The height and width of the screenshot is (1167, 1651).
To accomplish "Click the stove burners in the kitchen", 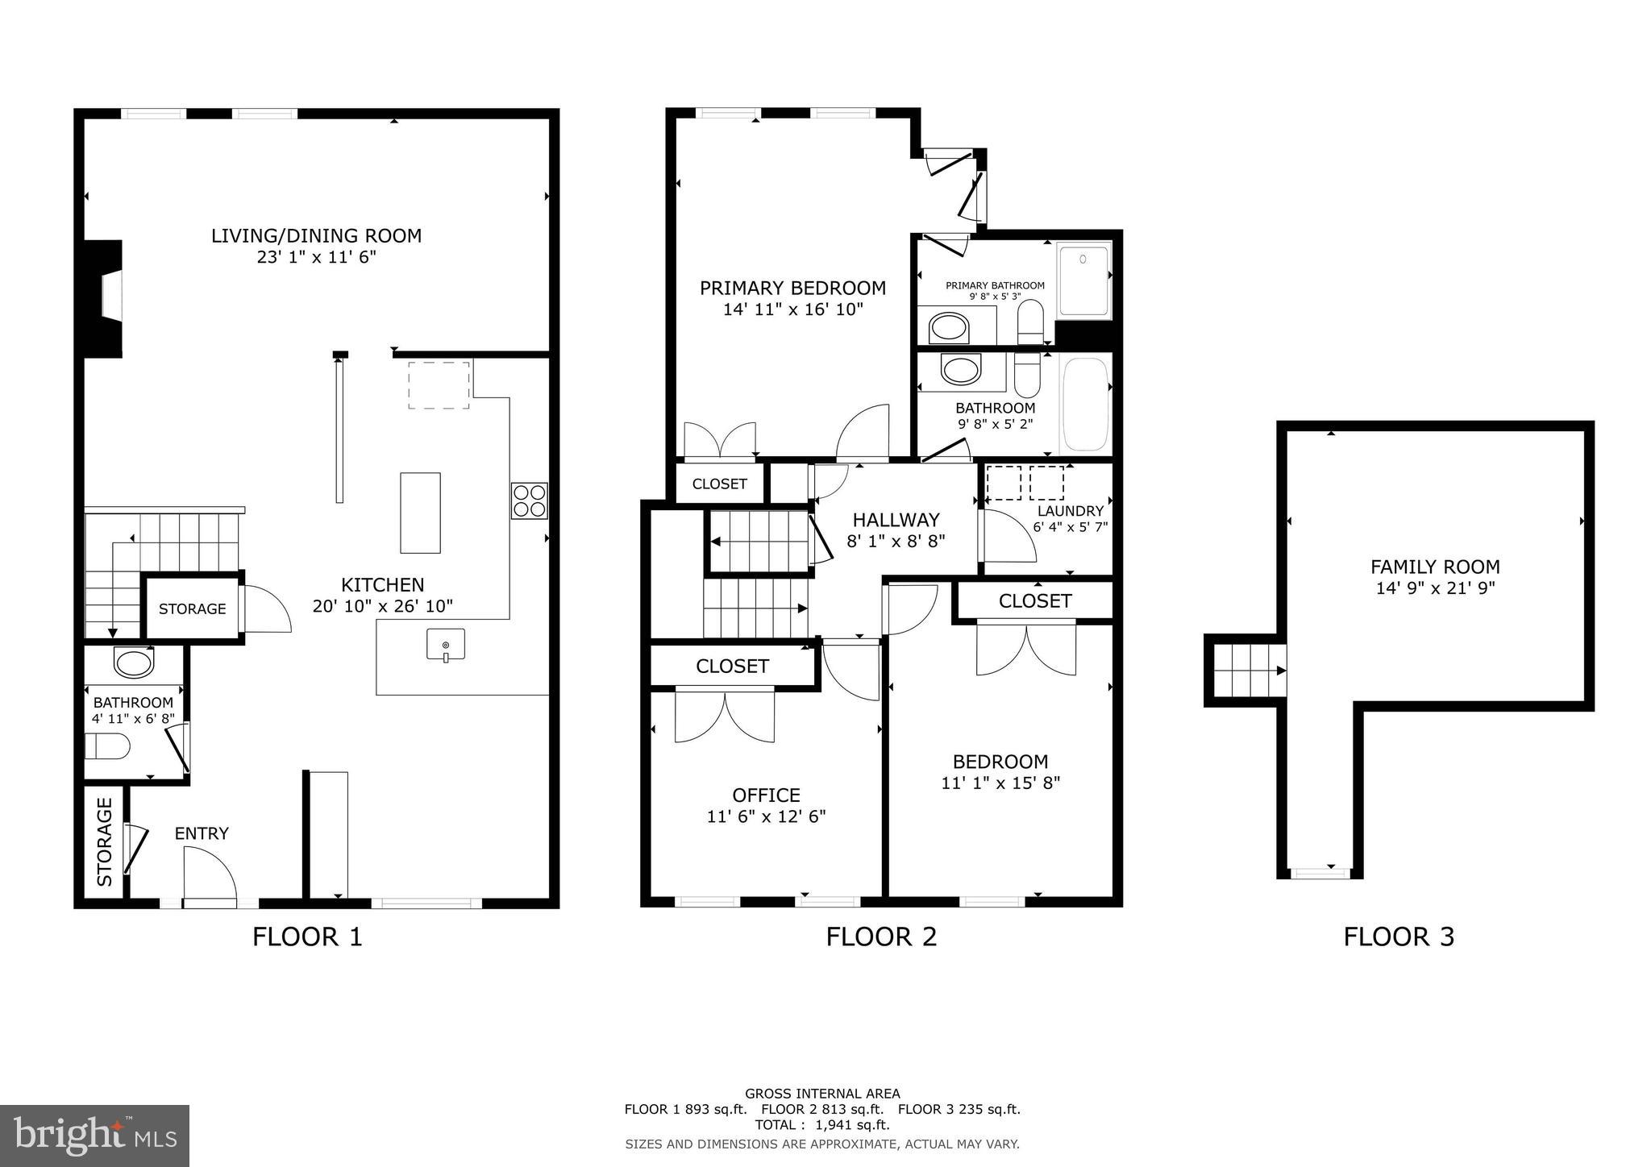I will point(529,500).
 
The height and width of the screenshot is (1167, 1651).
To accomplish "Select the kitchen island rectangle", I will point(420,513).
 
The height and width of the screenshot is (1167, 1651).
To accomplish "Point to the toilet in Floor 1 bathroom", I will point(107,745).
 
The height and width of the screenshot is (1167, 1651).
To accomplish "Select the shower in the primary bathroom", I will point(1083,280).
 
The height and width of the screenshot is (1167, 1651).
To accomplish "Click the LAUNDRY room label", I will point(1070,511).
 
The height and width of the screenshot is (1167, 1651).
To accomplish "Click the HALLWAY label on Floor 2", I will point(896,520).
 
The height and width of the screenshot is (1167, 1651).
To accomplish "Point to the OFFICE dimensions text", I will point(766,816).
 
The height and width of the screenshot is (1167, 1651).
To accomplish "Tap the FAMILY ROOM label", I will point(1435,567).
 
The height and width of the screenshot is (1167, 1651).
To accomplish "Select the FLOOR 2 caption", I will point(881,937).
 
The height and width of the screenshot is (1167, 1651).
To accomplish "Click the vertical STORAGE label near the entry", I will point(105,841).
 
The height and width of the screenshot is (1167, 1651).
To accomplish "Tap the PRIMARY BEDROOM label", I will point(792,288).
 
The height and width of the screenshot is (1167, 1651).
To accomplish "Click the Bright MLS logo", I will point(94,1136).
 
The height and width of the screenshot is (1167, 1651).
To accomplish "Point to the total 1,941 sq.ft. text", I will point(821,1125).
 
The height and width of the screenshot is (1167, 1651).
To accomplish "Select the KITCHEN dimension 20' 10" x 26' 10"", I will point(383,606).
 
